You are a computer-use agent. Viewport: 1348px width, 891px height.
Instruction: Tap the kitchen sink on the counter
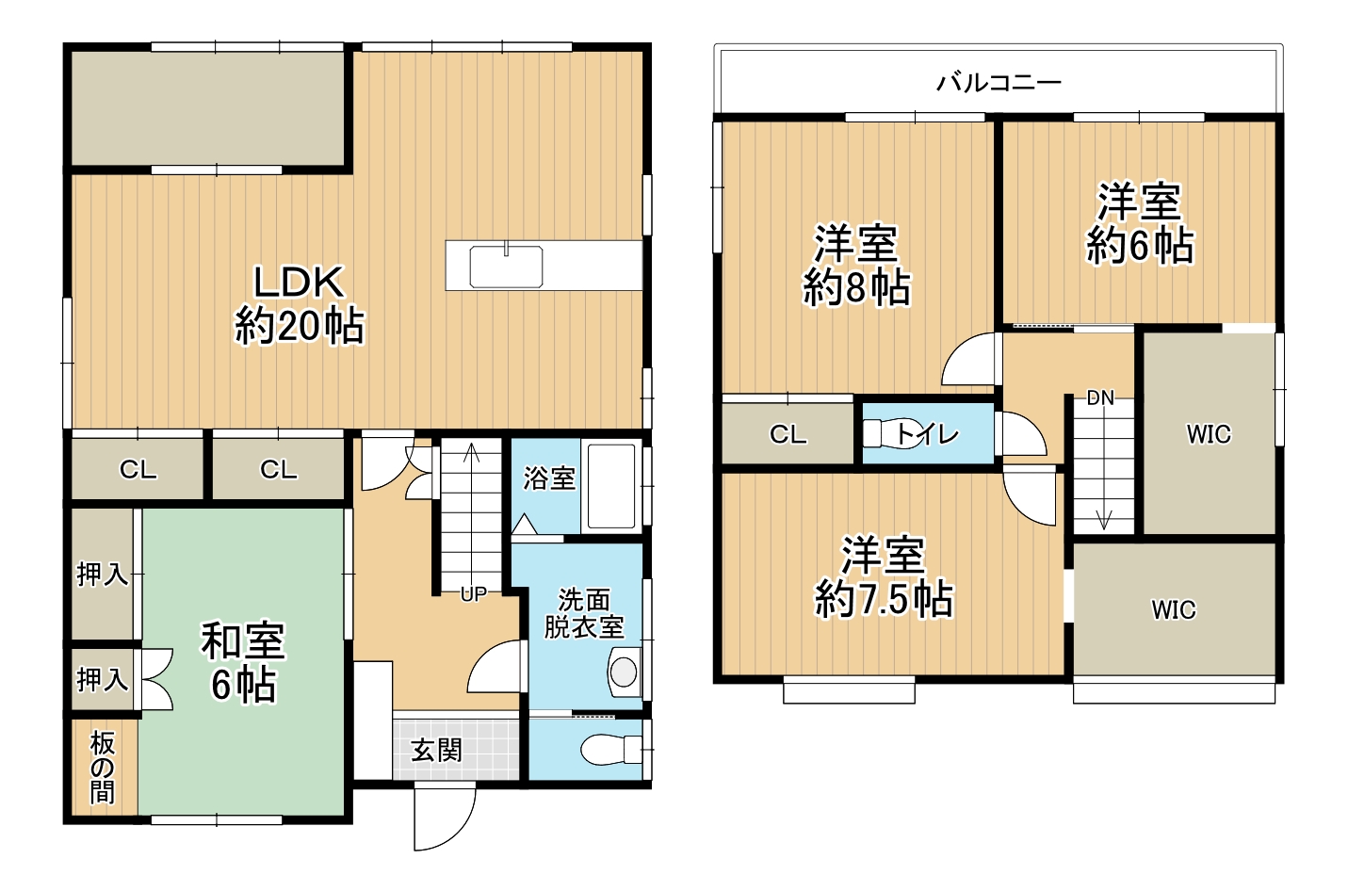pos(506,267)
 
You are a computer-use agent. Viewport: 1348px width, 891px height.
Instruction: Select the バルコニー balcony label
pos(999,83)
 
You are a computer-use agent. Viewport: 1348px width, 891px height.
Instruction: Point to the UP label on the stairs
pos(473,594)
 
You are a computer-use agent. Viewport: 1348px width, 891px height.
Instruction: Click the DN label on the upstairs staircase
pos(1100,397)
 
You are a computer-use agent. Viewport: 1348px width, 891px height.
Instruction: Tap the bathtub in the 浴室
pos(611,486)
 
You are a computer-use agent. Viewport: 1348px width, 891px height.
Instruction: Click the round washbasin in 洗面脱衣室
pos(624,671)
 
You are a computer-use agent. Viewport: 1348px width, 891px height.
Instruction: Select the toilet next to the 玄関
pos(610,750)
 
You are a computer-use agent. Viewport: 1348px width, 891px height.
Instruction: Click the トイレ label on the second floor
pos(927,434)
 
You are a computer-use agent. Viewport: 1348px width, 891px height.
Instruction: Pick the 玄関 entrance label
pos(436,751)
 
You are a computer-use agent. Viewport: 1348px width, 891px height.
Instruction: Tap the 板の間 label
pos(103,768)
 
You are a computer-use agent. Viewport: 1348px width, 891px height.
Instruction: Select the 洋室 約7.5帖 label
pos(884,577)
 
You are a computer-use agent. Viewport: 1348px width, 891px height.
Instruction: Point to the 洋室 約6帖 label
pos(1140,224)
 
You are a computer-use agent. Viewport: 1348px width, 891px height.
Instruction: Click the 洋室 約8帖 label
pos(856,266)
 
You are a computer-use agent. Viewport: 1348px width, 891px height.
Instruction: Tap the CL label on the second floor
pos(788,434)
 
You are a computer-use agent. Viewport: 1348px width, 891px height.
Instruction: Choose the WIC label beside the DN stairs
pos(1209,434)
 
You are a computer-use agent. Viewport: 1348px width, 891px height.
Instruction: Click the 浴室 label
pos(549,478)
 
